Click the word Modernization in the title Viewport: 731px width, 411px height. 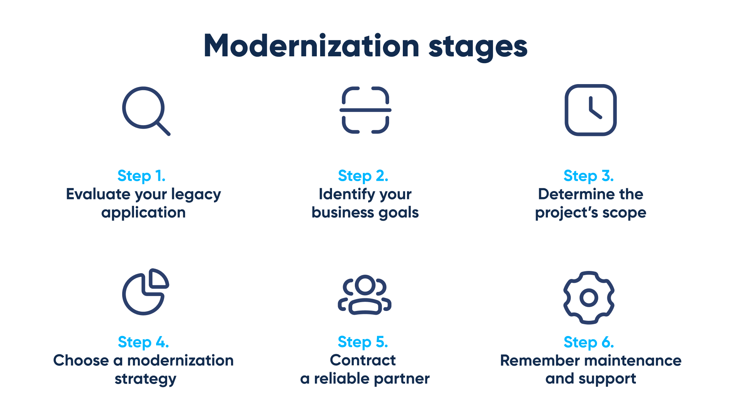(x=311, y=46)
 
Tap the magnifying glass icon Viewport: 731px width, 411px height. (x=145, y=111)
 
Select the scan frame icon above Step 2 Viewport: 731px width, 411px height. (x=365, y=110)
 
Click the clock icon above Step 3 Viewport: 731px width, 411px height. (x=591, y=110)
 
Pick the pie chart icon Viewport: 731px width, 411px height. (x=145, y=292)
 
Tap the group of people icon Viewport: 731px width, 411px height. (x=365, y=295)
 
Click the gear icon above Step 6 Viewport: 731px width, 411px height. (x=589, y=298)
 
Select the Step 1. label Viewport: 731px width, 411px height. (x=141, y=176)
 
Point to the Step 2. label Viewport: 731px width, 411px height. (x=363, y=176)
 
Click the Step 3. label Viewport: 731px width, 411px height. (x=589, y=176)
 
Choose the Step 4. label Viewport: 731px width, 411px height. (x=143, y=342)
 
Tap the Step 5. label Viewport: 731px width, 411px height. (x=363, y=342)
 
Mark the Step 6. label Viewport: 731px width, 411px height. (x=589, y=342)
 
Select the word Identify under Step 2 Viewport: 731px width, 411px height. (x=346, y=194)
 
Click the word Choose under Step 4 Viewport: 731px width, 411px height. (x=81, y=360)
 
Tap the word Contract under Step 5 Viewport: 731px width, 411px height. (x=363, y=360)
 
